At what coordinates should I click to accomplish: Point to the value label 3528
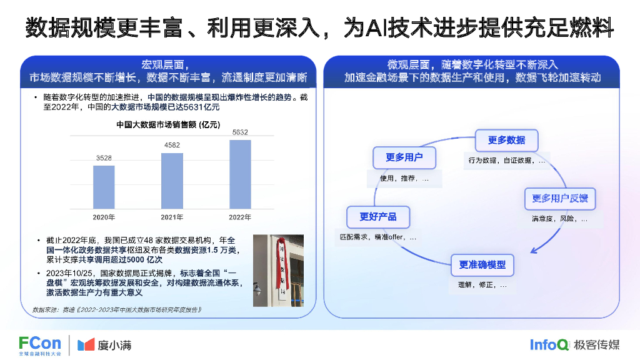(104, 159)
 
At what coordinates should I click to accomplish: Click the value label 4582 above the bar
(172, 146)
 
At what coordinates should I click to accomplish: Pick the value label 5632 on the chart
(240, 132)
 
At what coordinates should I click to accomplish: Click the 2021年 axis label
(172, 217)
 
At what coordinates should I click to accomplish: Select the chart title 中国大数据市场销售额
(168, 125)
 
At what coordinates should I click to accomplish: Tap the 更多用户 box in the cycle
(404, 157)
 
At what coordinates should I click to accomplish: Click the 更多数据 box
(507, 140)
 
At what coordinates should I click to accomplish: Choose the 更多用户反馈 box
(560, 199)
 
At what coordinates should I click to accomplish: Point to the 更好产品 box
(377, 216)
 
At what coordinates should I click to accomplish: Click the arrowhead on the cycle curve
(534, 250)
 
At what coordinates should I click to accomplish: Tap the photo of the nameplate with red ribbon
(278, 270)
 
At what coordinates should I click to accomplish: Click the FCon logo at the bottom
(40, 345)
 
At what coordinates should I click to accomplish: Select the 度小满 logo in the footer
(104, 345)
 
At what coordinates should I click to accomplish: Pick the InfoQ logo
(549, 344)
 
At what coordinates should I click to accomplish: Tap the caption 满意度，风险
(559, 219)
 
